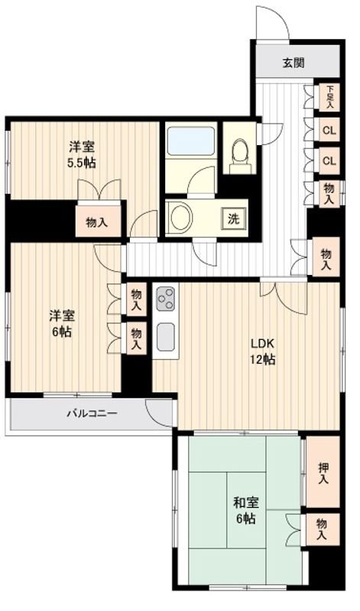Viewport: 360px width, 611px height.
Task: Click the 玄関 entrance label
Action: [294, 63]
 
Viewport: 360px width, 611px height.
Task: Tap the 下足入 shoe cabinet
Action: [329, 97]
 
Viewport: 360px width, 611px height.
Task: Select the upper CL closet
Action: [329, 130]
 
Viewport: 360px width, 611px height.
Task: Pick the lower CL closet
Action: [329, 160]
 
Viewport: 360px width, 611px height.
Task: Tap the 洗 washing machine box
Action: [233, 219]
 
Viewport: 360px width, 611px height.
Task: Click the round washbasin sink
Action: [182, 217]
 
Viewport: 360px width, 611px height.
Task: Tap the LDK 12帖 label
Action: [263, 351]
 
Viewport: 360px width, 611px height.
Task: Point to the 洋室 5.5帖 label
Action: [82, 155]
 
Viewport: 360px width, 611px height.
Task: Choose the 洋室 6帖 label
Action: [62, 323]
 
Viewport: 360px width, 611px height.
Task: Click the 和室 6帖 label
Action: [245, 510]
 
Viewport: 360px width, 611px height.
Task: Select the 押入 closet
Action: [323, 472]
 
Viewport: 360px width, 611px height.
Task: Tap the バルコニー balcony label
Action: [92, 413]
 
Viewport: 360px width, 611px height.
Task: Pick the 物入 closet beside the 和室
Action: [323, 529]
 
